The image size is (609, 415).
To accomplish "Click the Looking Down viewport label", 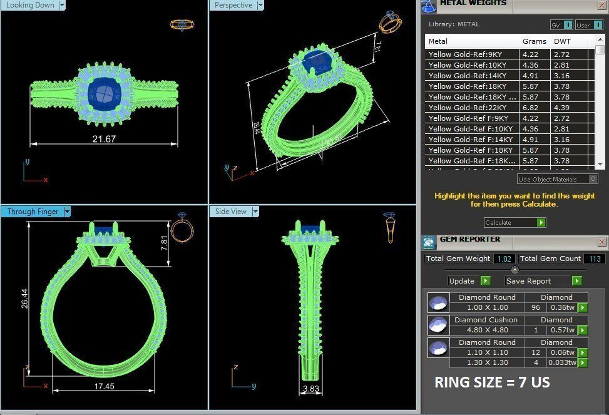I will [29, 5].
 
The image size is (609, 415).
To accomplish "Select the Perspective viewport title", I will [233, 5].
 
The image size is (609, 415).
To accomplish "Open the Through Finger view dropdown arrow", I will [67, 212].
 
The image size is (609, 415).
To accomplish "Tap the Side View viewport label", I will [230, 212].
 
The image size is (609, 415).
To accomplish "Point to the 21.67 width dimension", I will [104, 139].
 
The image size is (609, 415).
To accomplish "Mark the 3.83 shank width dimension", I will [311, 389].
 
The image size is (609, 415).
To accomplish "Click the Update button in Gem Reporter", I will [462, 281].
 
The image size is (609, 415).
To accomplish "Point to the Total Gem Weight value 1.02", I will [504, 259].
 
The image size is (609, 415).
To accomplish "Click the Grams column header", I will [534, 41].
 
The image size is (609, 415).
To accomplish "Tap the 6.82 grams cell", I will [530, 108].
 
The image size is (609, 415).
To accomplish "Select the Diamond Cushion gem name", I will [488, 320].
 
